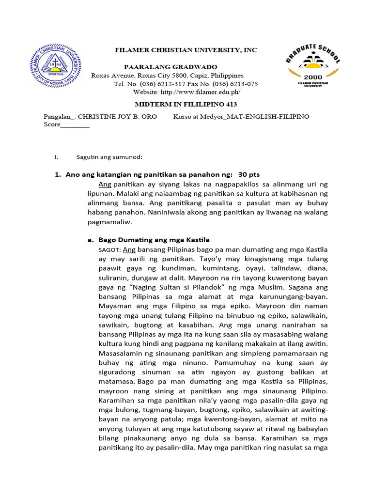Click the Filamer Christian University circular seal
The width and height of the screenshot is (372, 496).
pyautogui.click(x=56, y=65)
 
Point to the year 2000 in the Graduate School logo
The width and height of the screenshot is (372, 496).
pyautogui.click(x=312, y=77)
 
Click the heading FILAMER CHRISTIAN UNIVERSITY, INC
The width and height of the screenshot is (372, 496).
pyautogui.click(x=185, y=50)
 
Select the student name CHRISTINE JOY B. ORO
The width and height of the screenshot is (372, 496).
pyautogui.click(x=118, y=117)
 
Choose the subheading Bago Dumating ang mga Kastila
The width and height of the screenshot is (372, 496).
pyautogui.click(x=154, y=240)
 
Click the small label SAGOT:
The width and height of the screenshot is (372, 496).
pyautogui.click(x=109, y=250)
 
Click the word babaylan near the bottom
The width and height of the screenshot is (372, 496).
pyautogui.click(x=311, y=429)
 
